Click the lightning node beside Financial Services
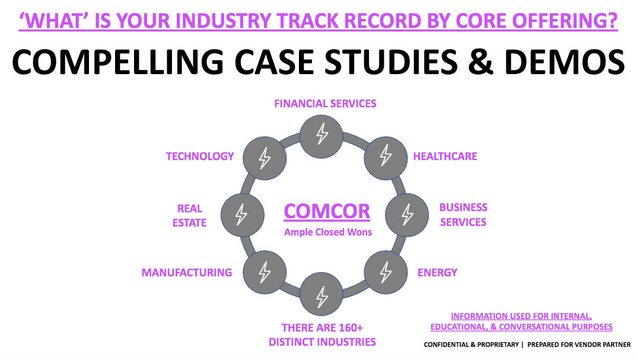[x=321, y=136]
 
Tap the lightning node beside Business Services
[x=407, y=214]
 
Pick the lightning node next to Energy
[x=386, y=272]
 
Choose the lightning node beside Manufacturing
[x=265, y=272]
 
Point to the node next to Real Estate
[x=241, y=214]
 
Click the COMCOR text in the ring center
[x=327, y=211]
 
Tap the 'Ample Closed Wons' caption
[x=328, y=232]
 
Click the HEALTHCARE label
[x=445, y=157]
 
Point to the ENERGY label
[x=437, y=273]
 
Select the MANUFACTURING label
[x=186, y=273]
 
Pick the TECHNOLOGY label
[x=200, y=157]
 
